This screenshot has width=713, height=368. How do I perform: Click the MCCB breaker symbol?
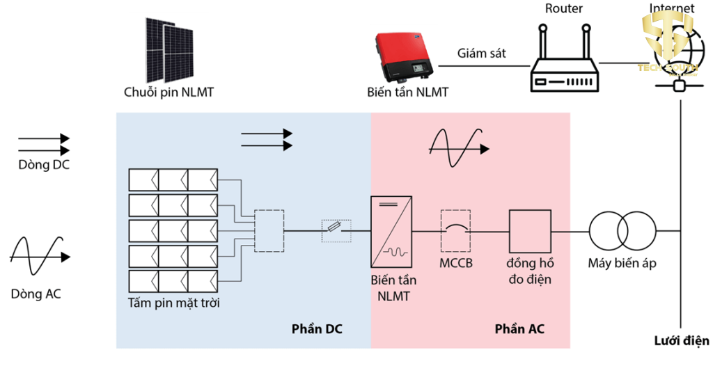pyautogui.click(x=456, y=230)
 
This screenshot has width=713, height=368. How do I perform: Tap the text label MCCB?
pyautogui.click(x=456, y=264)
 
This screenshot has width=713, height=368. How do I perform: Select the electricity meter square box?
pyautogui.click(x=529, y=231)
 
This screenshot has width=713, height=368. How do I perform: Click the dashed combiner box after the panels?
pyautogui.click(x=269, y=230)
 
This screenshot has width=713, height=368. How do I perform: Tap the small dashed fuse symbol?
pyautogui.click(x=336, y=227)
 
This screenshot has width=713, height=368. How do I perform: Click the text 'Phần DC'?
pyautogui.click(x=317, y=329)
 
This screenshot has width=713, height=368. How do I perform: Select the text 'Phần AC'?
pyautogui.click(x=519, y=329)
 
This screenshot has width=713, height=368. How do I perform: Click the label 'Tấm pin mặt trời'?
pyautogui.click(x=174, y=303)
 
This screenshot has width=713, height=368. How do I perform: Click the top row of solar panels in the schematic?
pyautogui.click(x=173, y=180)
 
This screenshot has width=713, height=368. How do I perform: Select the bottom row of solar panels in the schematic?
pyautogui.click(x=173, y=280)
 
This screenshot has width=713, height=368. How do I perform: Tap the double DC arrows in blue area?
pyautogui.click(x=266, y=139)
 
